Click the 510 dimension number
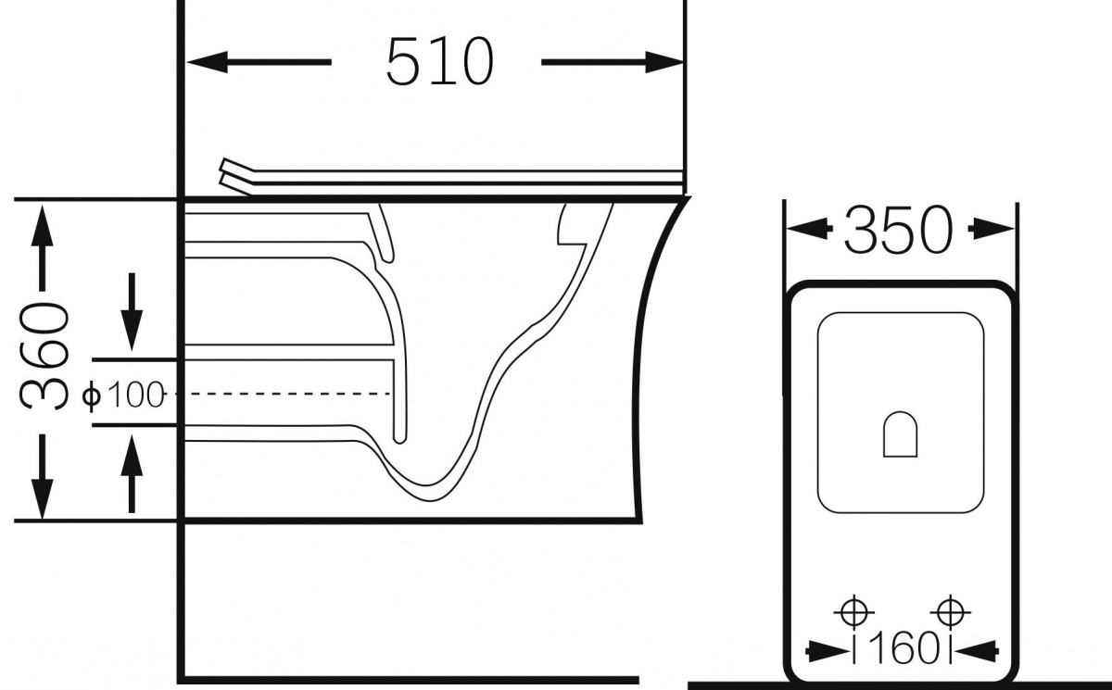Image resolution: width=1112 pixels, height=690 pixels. coord(440,61)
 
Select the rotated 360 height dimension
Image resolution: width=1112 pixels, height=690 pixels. coord(44,355)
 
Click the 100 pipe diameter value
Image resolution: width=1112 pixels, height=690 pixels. coord(135,395)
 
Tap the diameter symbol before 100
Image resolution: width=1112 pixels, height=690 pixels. coord(92,395)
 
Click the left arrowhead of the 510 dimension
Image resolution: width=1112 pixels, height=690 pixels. coord(207,62)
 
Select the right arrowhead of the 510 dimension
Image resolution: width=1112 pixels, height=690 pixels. coord(664,62)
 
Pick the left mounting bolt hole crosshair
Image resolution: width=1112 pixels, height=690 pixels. coord(853,612)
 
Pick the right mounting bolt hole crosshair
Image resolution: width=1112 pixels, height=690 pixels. coord(950,612)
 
